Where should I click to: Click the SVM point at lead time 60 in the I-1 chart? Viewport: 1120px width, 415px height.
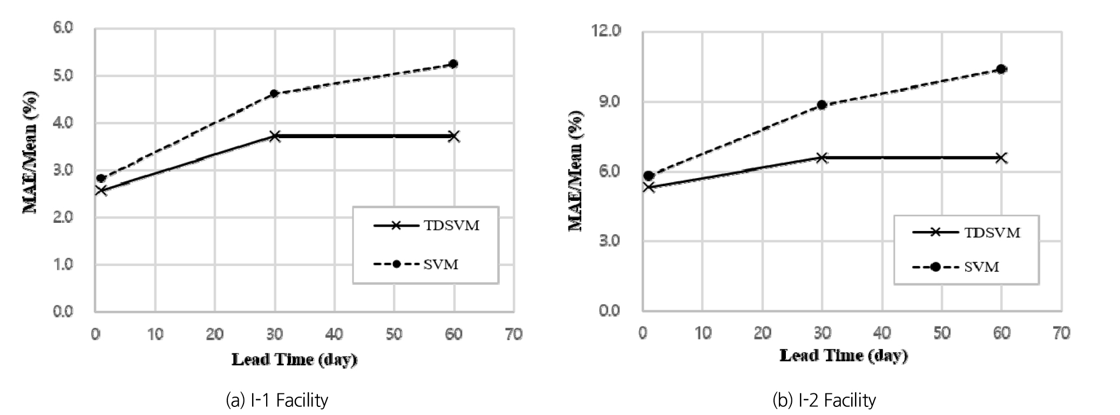tap(453, 64)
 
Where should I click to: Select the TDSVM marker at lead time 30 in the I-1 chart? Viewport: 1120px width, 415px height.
tap(275, 136)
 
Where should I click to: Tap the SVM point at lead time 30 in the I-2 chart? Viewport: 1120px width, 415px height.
tap(822, 105)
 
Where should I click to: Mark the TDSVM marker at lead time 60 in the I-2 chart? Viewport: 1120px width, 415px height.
tap(1001, 158)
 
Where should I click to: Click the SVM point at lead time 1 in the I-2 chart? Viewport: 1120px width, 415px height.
tap(649, 176)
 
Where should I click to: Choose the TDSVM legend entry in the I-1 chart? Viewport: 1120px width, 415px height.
tap(426, 226)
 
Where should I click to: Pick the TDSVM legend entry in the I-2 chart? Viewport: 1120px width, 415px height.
tap(967, 233)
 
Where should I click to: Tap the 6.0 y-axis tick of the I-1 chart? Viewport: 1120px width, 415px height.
tap(63, 28)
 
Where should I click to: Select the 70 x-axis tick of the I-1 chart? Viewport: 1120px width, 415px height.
tap(514, 335)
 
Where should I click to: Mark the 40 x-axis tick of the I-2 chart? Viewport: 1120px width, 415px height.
tap(882, 333)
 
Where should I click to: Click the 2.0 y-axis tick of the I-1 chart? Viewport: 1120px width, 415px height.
tap(63, 217)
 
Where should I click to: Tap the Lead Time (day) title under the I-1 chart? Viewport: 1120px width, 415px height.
tap(295, 359)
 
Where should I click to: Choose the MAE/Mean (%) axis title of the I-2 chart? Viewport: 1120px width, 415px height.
tap(576, 171)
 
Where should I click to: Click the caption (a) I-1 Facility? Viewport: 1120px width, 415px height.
tap(277, 400)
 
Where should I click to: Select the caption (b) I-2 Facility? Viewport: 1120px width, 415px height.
tap(824, 400)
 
